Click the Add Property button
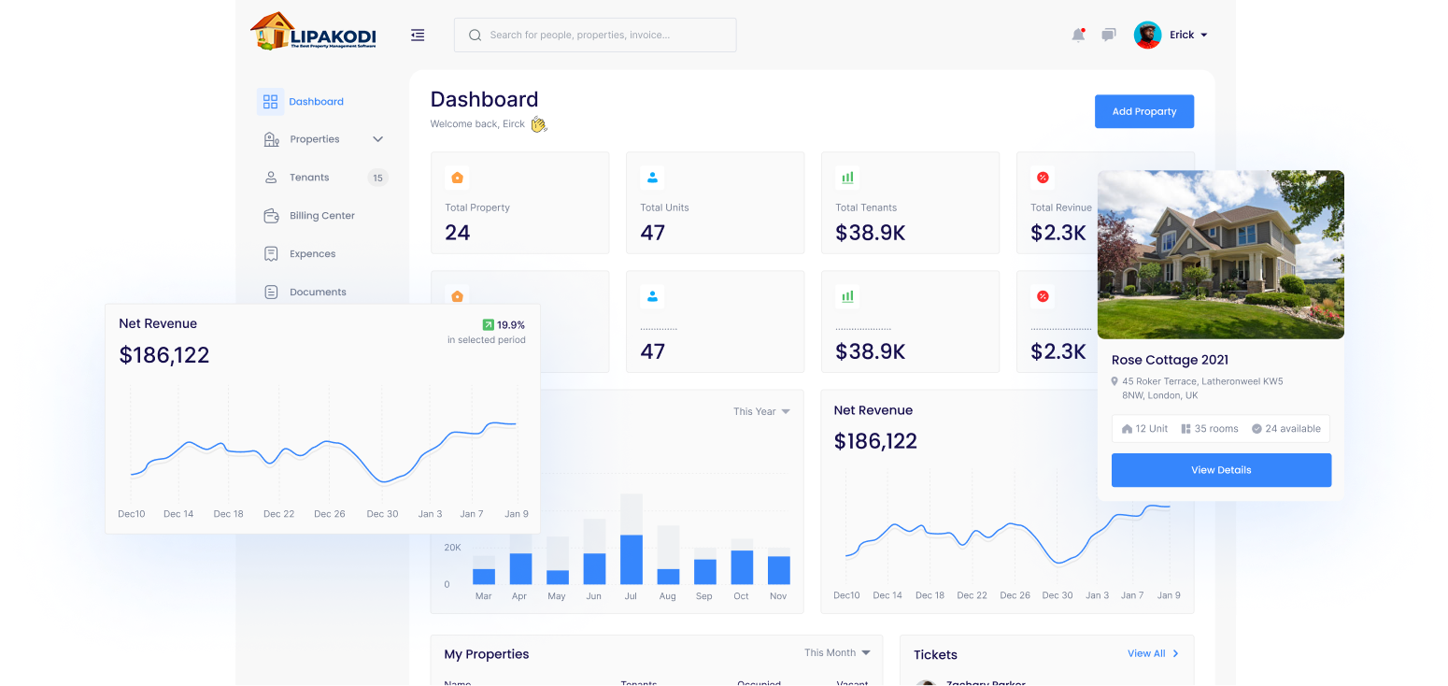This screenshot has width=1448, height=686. [x=1143, y=111]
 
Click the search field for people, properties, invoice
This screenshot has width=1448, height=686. [x=595, y=35]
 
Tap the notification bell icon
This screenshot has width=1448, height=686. [x=1078, y=35]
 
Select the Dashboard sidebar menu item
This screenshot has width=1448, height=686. [x=315, y=102]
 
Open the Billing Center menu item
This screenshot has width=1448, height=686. [x=321, y=216]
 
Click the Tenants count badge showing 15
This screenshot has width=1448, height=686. [x=377, y=178]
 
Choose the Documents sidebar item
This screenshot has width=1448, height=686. [x=318, y=292]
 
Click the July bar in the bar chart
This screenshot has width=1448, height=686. [x=631, y=559]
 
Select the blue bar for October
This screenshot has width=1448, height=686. [x=742, y=566]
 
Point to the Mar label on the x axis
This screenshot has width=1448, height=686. [x=483, y=596]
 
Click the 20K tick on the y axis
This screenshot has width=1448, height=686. [x=452, y=548]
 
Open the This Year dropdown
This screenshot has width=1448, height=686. [x=761, y=411]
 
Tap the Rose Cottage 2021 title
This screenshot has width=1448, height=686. [x=1170, y=360]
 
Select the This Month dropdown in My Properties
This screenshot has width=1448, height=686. [x=837, y=652]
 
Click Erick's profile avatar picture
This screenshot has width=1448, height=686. [x=1147, y=35]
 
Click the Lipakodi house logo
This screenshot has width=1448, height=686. [x=272, y=32]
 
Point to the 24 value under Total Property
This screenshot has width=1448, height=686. [x=458, y=233]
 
